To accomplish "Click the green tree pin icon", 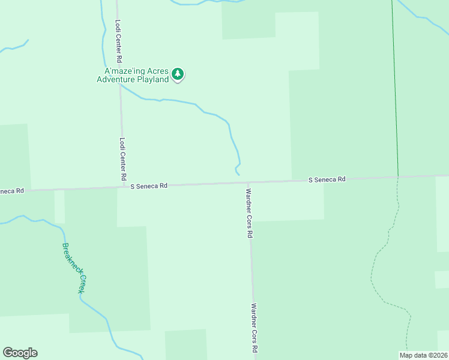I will pos(177,74).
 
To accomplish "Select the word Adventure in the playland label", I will pos(118,80).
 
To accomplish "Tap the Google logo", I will pos(20,353).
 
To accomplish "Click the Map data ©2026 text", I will pos(423,355).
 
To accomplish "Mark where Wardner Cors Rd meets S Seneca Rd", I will pos(249,182).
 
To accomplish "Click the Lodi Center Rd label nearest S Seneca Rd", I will pos(122,160).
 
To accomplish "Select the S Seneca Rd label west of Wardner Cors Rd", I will pos(149,186).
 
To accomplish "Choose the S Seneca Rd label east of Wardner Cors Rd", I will pos(327,179).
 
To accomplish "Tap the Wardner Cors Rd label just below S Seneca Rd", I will pos(249,214).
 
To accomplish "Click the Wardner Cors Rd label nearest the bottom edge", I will pos(255,328).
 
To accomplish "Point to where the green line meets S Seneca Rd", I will pos(398,176).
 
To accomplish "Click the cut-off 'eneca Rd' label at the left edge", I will pos(12,191).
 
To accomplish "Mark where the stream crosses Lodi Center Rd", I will pos(119,85).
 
